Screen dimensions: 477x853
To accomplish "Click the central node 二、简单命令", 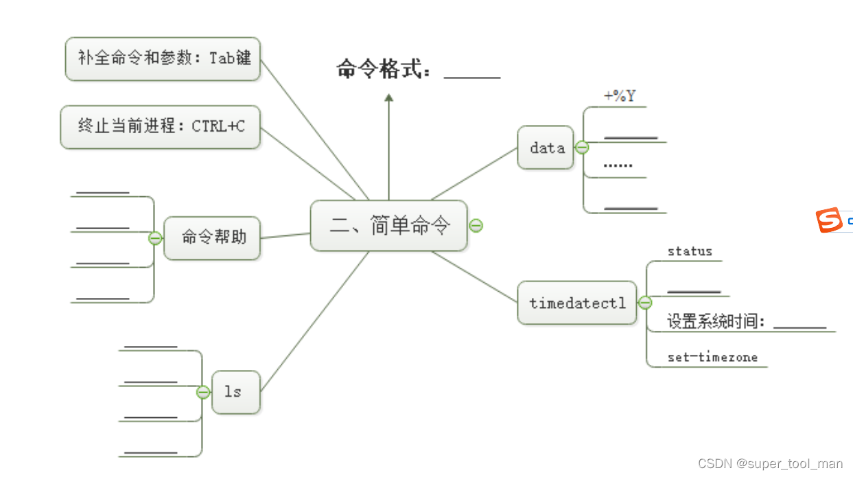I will (x=389, y=226).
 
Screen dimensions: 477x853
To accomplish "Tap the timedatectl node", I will (x=577, y=303).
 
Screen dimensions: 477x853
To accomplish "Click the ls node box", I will (x=235, y=392).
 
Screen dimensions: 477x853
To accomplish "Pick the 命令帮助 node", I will (x=213, y=238).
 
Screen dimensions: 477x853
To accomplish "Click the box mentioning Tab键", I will (x=163, y=58).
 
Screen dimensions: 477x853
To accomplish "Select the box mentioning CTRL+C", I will (x=161, y=126).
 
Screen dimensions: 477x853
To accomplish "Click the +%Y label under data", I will (x=619, y=96).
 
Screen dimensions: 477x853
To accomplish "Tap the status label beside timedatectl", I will (x=690, y=251).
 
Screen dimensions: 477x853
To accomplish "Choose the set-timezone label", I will (x=712, y=357).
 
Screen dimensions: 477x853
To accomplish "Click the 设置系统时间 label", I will (x=716, y=321).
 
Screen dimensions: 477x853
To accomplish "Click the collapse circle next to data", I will (x=582, y=148).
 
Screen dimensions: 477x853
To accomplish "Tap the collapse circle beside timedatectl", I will (x=645, y=303).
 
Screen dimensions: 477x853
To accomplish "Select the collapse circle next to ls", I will (x=203, y=392).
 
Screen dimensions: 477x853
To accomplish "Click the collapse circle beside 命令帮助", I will (x=156, y=238).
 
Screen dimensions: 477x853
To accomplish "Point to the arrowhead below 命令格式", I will (x=389, y=98).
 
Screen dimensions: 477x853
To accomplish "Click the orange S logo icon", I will (x=829, y=220).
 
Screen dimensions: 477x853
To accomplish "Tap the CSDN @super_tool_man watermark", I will (x=770, y=464).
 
